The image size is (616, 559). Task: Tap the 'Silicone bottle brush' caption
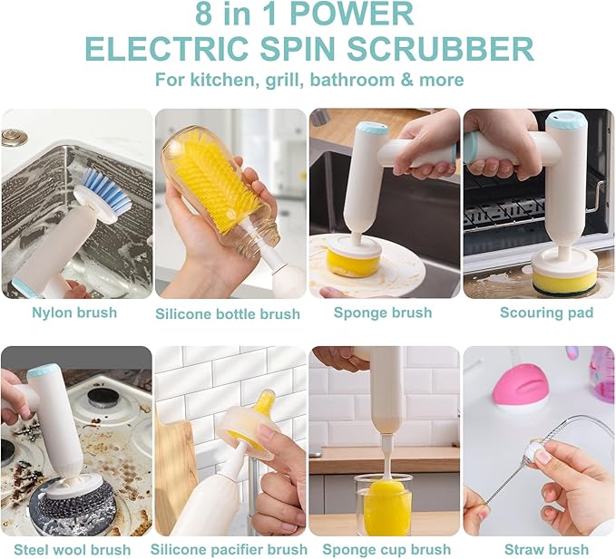tap(228, 313)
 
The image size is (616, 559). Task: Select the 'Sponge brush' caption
tap(383, 313)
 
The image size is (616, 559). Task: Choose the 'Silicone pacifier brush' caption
tap(229, 550)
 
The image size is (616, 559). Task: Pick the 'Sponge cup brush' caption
tap(386, 550)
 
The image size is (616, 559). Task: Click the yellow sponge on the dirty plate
tap(353, 262)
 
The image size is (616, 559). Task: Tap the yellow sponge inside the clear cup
tap(386, 510)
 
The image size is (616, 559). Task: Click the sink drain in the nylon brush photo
tap(13, 137)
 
